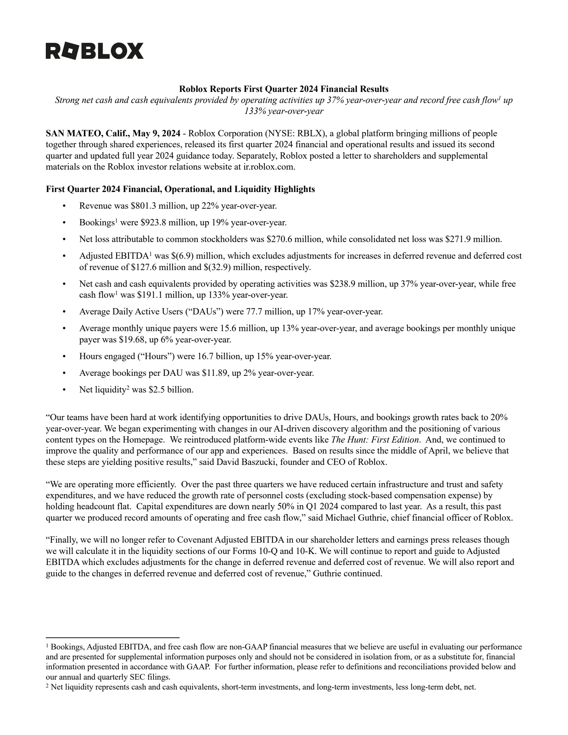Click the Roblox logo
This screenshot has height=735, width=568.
(94, 51)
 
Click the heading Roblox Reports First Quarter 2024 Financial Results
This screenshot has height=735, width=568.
(284, 89)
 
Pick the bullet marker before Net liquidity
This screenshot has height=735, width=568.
(64, 390)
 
